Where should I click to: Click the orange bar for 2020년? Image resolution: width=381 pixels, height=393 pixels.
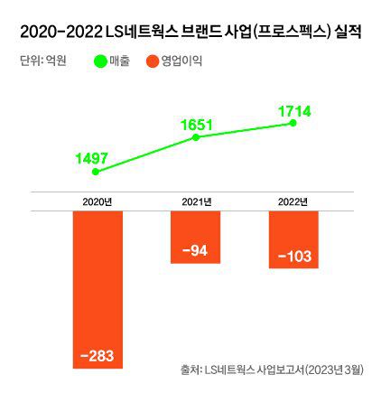(x=97, y=289)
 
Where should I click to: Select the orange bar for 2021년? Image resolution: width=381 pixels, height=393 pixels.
(x=195, y=237)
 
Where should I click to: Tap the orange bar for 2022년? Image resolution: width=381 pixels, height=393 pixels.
(x=293, y=239)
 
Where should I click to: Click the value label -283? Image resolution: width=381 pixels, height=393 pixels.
(x=97, y=356)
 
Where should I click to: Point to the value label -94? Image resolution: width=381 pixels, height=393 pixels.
(x=195, y=251)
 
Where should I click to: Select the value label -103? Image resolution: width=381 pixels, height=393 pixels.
(x=294, y=257)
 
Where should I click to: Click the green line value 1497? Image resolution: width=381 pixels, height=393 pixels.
(x=92, y=158)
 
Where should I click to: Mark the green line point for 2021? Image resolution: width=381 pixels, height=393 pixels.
(x=195, y=136)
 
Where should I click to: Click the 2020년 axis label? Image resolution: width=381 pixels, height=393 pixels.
(x=97, y=201)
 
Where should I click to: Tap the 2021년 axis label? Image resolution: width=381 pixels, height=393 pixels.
(x=196, y=201)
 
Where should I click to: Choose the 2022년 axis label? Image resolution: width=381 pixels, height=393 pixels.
(x=293, y=201)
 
